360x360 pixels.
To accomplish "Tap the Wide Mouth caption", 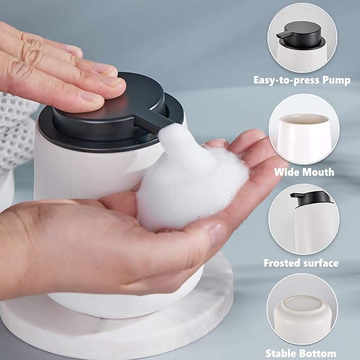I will coord(304,172).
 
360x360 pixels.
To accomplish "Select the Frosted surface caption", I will coord(301,263).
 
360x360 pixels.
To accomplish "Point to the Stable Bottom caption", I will coord(301,353).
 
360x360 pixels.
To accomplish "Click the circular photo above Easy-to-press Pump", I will coord(302,38).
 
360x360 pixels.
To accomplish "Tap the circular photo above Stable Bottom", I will coord(302,309).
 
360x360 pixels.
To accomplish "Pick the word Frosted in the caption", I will coord(282,263).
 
